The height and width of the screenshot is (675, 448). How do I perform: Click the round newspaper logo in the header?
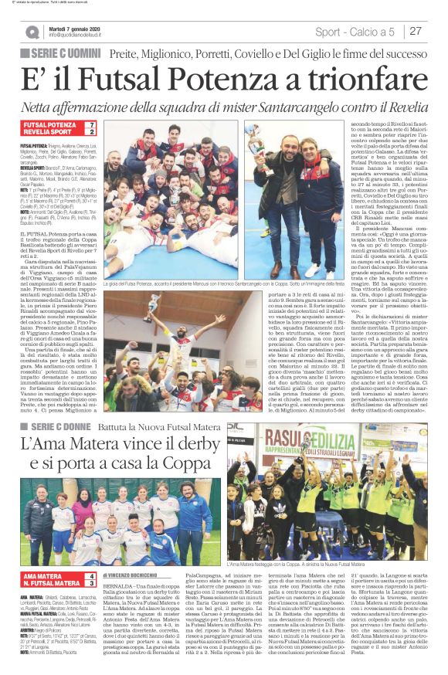32,32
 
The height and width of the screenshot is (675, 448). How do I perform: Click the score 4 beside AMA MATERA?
92,576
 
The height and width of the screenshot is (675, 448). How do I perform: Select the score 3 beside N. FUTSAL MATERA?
92,584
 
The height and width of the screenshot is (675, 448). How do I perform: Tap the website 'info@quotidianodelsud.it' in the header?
81,35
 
